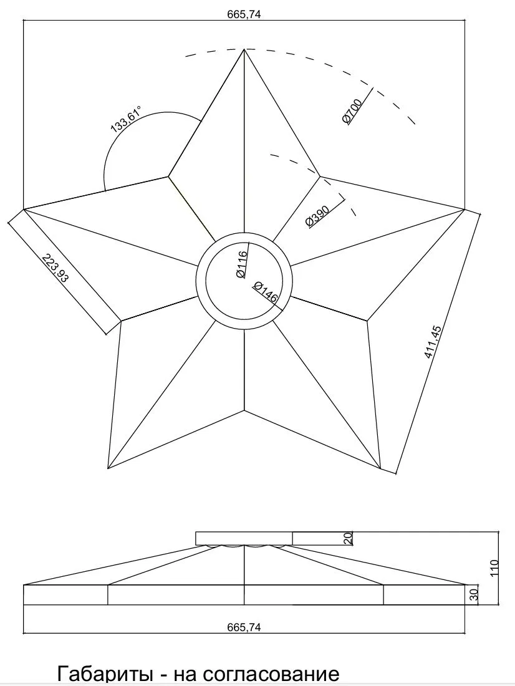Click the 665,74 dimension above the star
[x=244, y=14]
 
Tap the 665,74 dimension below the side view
[x=244, y=627]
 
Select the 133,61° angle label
[x=126, y=118]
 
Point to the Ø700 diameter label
[x=352, y=112]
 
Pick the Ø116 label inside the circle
[x=241, y=264]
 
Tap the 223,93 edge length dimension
[x=55, y=268]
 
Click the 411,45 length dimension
[x=433, y=342]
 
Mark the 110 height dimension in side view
[x=494, y=568]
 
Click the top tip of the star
[x=244, y=49]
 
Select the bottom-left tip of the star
[x=108, y=468]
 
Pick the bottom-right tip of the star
[x=381, y=468]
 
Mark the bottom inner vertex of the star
[x=244, y=410]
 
